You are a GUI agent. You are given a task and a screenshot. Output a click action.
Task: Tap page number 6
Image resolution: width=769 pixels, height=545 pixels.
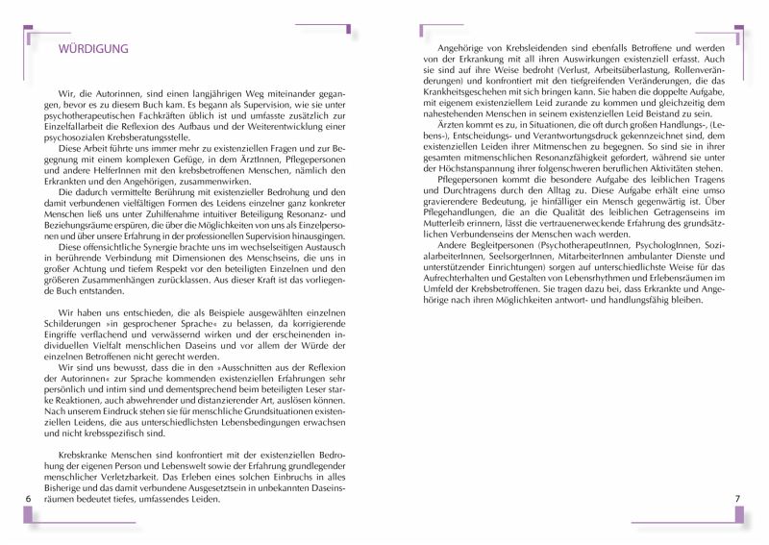click(29, 499)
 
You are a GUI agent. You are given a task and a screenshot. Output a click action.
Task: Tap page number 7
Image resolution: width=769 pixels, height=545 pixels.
click(736, 499)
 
